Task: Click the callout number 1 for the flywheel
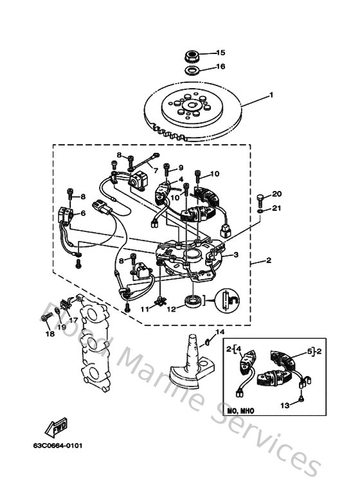click(x=271, y=95)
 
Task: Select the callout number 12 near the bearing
click(x=171, y=309)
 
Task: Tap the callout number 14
click(x=220, y=332)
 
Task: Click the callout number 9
click(x=181, y=167)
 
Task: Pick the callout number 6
click(x=82, y=213)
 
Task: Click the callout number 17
click(x=74, y=319)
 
